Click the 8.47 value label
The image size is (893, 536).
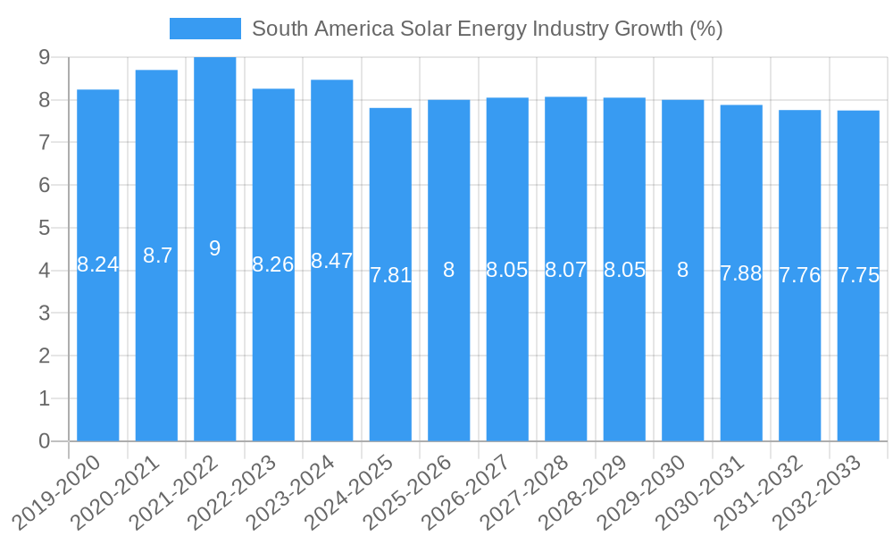click(x=332, y=261)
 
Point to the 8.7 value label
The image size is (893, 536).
click(x=157, y=255)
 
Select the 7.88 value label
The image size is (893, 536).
click(x=741, y=273)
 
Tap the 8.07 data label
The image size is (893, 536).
click(x=566, y=269)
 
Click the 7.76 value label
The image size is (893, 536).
click(x=800, y=275)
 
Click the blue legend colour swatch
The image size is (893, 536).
click(x=204, y=29)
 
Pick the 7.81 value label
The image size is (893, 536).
click(x=390, y=275)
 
